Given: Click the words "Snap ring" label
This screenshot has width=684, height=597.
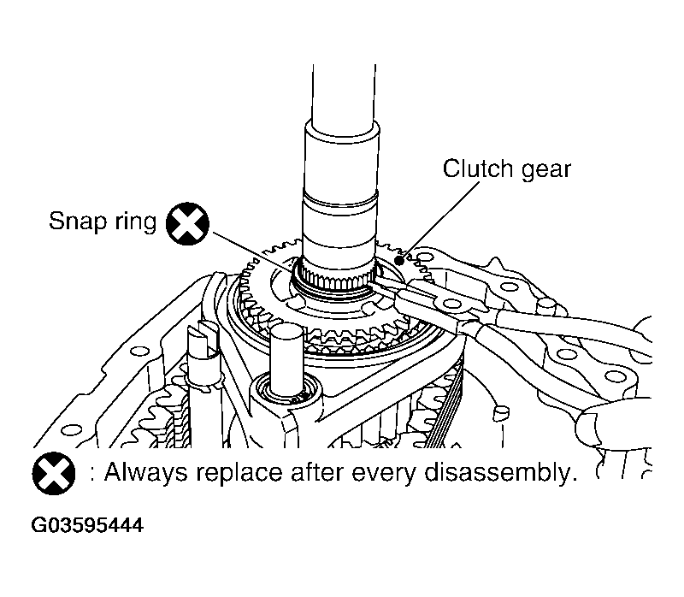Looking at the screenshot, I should pos(102,223).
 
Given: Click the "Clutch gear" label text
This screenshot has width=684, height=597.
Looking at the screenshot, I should pos(506,168).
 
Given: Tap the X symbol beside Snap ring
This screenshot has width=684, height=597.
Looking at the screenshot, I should pos(188,225).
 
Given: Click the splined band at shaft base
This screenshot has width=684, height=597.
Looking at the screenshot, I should pos(338,275).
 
